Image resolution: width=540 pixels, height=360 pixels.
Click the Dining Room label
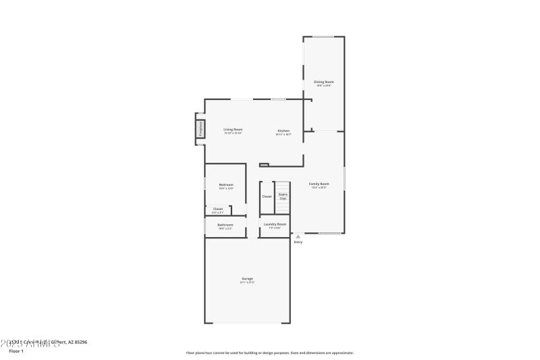(324, 82)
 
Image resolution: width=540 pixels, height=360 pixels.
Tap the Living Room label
(233, 130)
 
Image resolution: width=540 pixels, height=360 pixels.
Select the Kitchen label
(283, 130)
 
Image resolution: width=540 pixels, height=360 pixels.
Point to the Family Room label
(319, 184)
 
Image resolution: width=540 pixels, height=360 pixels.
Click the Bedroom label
(225, 184)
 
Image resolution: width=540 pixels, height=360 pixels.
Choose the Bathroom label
(225, 224)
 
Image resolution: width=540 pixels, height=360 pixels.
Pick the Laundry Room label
(275, 224)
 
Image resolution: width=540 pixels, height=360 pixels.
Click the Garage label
(248, 278)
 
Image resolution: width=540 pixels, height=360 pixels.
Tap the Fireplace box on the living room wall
(200, 129)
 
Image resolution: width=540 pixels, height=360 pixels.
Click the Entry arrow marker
(298, 236)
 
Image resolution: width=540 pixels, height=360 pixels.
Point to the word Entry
(298, 242)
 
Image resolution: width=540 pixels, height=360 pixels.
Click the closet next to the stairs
(267, 197)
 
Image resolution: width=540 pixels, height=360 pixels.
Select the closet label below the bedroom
(218, 209)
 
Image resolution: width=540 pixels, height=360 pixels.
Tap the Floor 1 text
(16, 351)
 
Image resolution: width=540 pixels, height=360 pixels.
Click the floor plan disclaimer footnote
(269, 353)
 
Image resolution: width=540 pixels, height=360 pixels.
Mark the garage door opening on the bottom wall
(248, 323)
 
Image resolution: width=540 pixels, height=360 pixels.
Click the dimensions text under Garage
(248, 282)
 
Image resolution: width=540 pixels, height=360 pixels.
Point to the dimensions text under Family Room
(319, 188)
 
